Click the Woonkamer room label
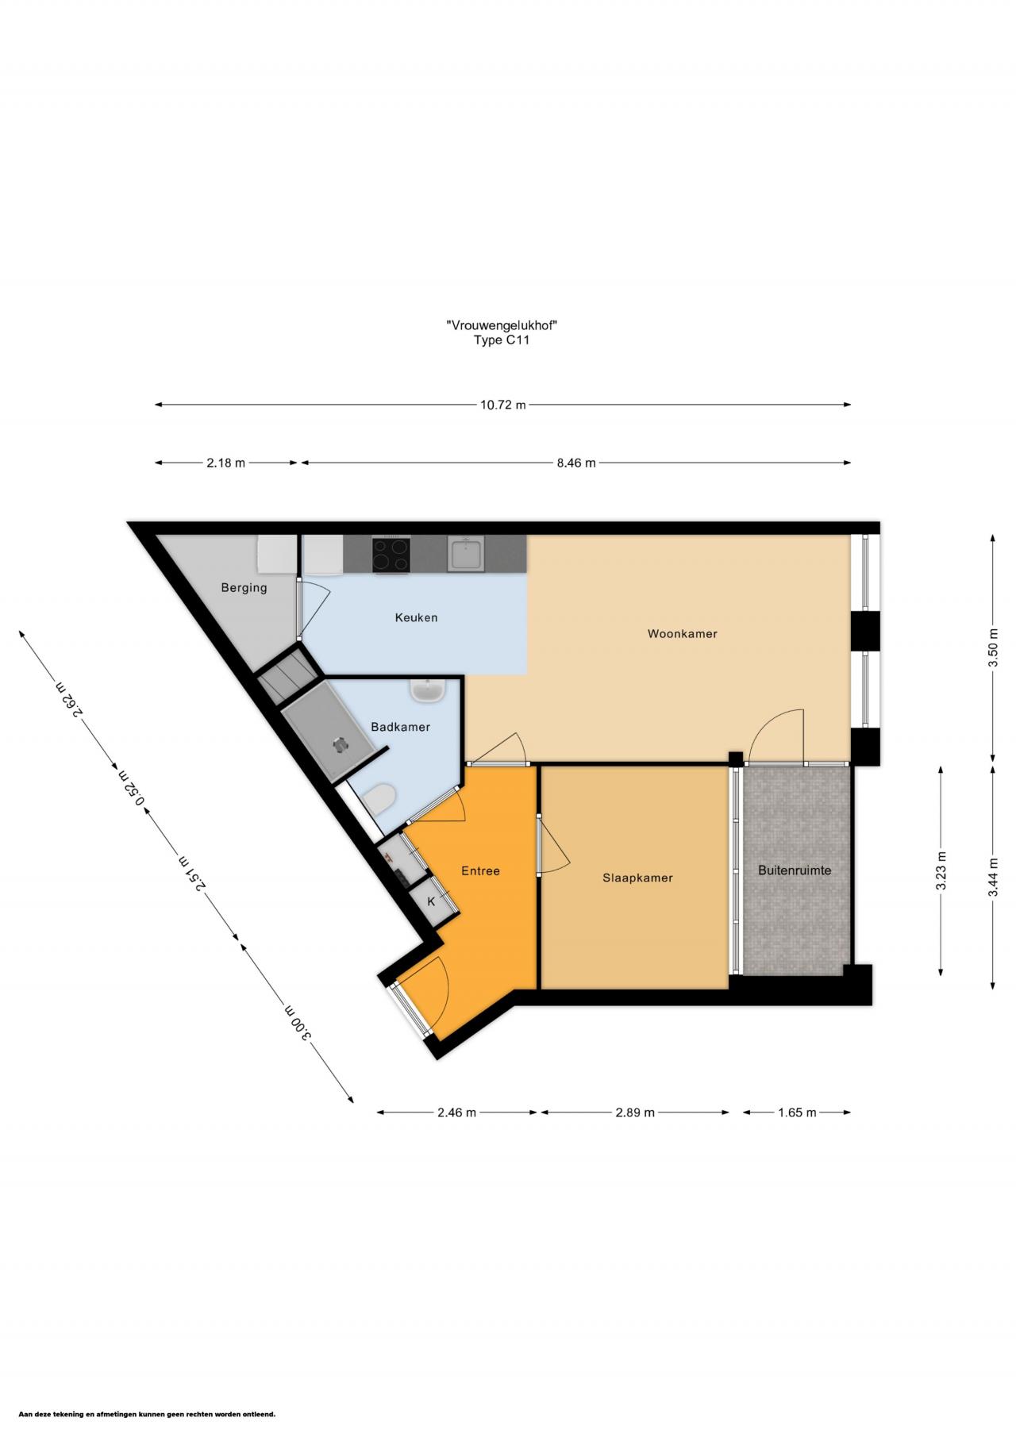(682, 633)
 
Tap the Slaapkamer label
(637, 878)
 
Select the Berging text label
(244, 588)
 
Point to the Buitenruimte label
(795, 870)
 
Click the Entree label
(480, 870)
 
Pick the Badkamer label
(401, 727)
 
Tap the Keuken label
(416, 617)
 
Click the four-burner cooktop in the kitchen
(391, 555)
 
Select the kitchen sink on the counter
(465, 553)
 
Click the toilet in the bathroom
(378, 799)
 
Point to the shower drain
(341, 745)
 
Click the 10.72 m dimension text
(502, 405)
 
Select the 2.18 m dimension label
(226, 463)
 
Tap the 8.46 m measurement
(576, 463)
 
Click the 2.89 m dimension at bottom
(635, 1112)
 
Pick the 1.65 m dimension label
(797, 1112)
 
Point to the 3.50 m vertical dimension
(993, 647)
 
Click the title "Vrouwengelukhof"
(500, 325)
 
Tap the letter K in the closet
(431, 901)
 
